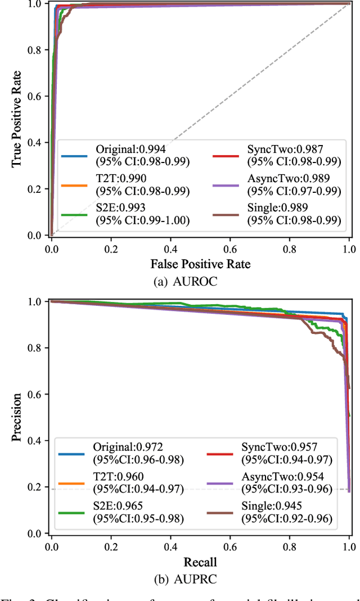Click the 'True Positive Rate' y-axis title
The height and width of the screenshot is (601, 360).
17,119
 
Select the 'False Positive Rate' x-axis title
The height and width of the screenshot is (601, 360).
200,264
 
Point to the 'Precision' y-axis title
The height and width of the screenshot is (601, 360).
17,417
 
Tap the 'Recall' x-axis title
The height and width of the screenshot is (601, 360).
200,562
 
